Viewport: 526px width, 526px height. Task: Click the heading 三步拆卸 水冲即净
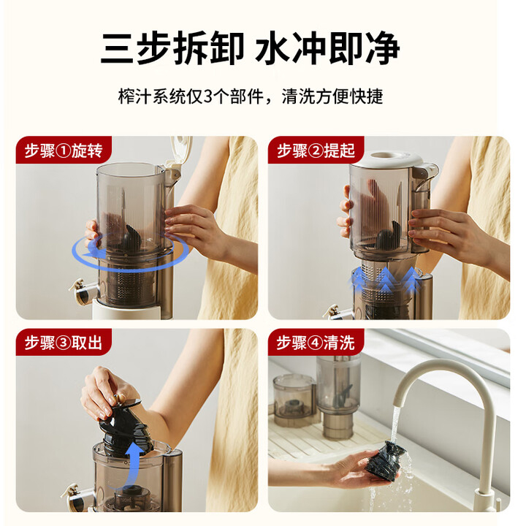(251, 47)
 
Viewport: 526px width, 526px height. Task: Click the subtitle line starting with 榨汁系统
(251, 96)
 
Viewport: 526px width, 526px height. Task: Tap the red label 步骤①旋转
(64, 150)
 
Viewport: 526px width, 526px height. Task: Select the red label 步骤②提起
(316, 150)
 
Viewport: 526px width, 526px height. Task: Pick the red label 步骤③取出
(64, 343)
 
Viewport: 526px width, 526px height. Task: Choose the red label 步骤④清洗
(316, 343)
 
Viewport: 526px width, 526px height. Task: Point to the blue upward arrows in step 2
(384, 279)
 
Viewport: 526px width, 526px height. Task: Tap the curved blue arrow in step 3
(134, 463)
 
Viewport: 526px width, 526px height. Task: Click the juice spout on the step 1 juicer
(83, 291)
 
